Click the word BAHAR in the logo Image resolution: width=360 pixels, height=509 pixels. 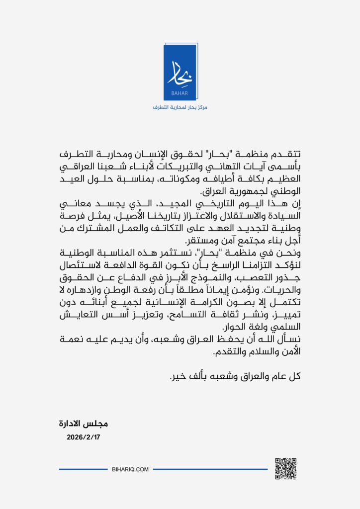coord(180,92)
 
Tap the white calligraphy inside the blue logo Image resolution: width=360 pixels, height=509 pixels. coord(180,73)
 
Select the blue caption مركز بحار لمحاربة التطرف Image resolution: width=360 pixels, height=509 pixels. coord(180,107)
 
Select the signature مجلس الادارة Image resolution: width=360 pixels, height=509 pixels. coord(83,424)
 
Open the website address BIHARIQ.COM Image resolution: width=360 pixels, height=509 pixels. coord(130,469)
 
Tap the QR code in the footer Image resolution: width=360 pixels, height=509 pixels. coord(285,468)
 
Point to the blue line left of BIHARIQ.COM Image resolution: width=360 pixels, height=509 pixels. coord(83,469)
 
